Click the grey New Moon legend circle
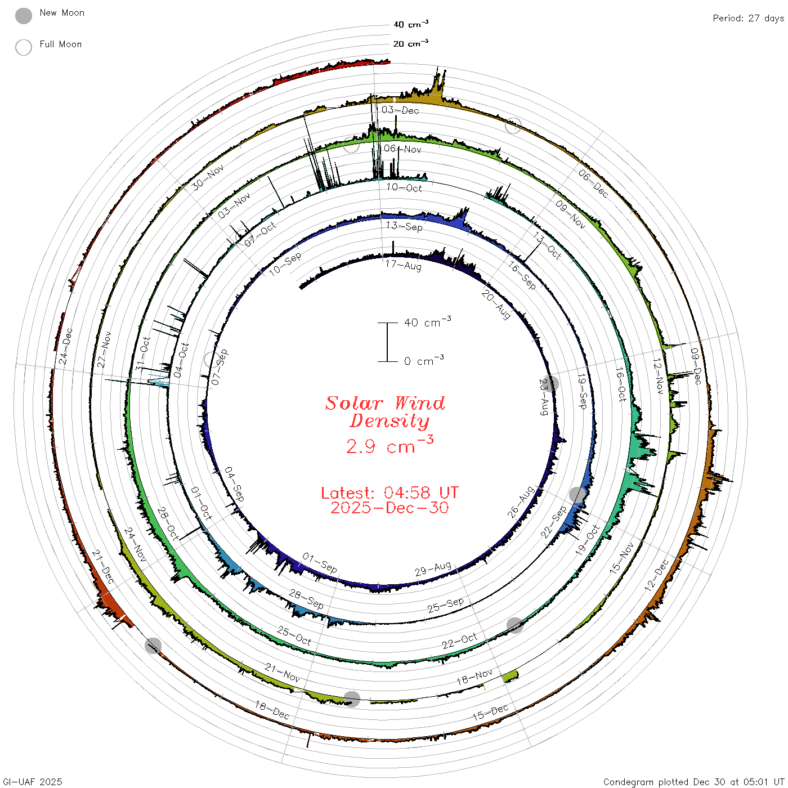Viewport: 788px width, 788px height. point(23,16)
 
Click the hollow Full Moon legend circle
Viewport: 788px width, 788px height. point(23,47)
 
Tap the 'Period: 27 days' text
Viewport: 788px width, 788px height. point(748,19)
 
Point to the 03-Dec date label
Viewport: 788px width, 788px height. point(400,110)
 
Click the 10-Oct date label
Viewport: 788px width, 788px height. point(404,187)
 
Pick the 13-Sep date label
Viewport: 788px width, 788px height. point(404,226)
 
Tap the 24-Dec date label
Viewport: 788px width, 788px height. point(65,346)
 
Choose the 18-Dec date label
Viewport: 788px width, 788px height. point(272,710)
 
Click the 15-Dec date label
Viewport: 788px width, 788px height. point(490,712)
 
